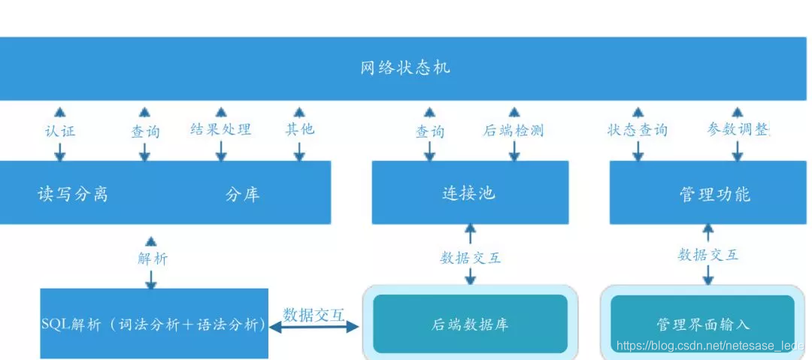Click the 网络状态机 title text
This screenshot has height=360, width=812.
click(405, 68)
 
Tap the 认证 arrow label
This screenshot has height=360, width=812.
click(60, 131)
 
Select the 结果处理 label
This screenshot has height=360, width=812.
click(220, 129)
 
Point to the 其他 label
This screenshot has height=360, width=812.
click(299, 129)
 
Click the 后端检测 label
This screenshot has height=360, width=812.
click(514, 131)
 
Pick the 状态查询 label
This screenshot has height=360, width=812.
click(638, 130)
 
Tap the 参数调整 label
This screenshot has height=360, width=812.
click(738, 129)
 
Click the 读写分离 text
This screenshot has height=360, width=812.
click(73, 194)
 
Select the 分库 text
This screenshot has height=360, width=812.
click(242, 195)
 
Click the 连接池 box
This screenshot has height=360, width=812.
click(470, 193)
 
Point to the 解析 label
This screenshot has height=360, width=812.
click(153, 259)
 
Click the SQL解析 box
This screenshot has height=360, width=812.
click(153, 324)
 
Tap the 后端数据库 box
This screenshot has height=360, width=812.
click(470, 324)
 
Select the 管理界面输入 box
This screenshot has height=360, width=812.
click(702, 324)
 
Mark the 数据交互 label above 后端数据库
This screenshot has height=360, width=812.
click(471, 258)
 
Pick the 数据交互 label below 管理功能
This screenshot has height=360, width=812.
click(707, 255)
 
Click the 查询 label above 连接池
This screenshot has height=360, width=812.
click(430, 132)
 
